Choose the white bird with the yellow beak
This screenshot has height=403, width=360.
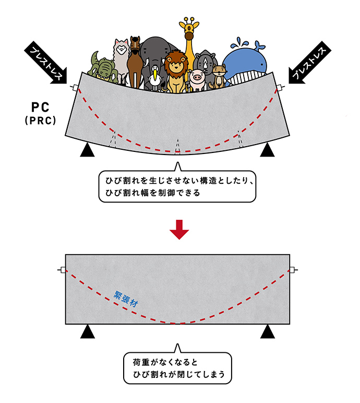click(x=155, y=76)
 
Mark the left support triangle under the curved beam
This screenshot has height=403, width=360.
click(x=88, y=151)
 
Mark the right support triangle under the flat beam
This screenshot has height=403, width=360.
click(x=268, y=331)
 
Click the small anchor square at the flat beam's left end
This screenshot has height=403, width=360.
click(x=63, y=270)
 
